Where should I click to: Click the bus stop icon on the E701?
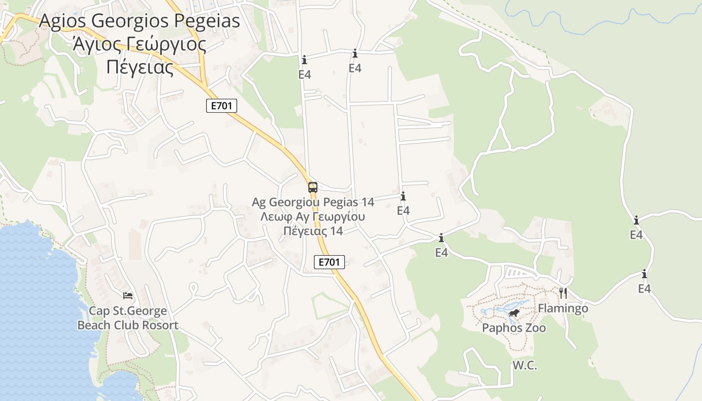click(312, 187)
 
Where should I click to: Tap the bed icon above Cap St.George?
click(128, 296)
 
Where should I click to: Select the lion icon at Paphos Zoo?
click(514, 314)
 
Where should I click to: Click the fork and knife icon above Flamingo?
click(563, 293)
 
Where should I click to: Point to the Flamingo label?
click(563, 308)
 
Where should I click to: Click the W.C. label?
click(524, 365)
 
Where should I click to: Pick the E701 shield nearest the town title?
click(221, 106)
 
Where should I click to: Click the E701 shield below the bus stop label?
click(329, 262)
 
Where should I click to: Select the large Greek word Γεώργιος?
click(160, 45)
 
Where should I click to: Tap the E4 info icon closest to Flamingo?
click(644, 274)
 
